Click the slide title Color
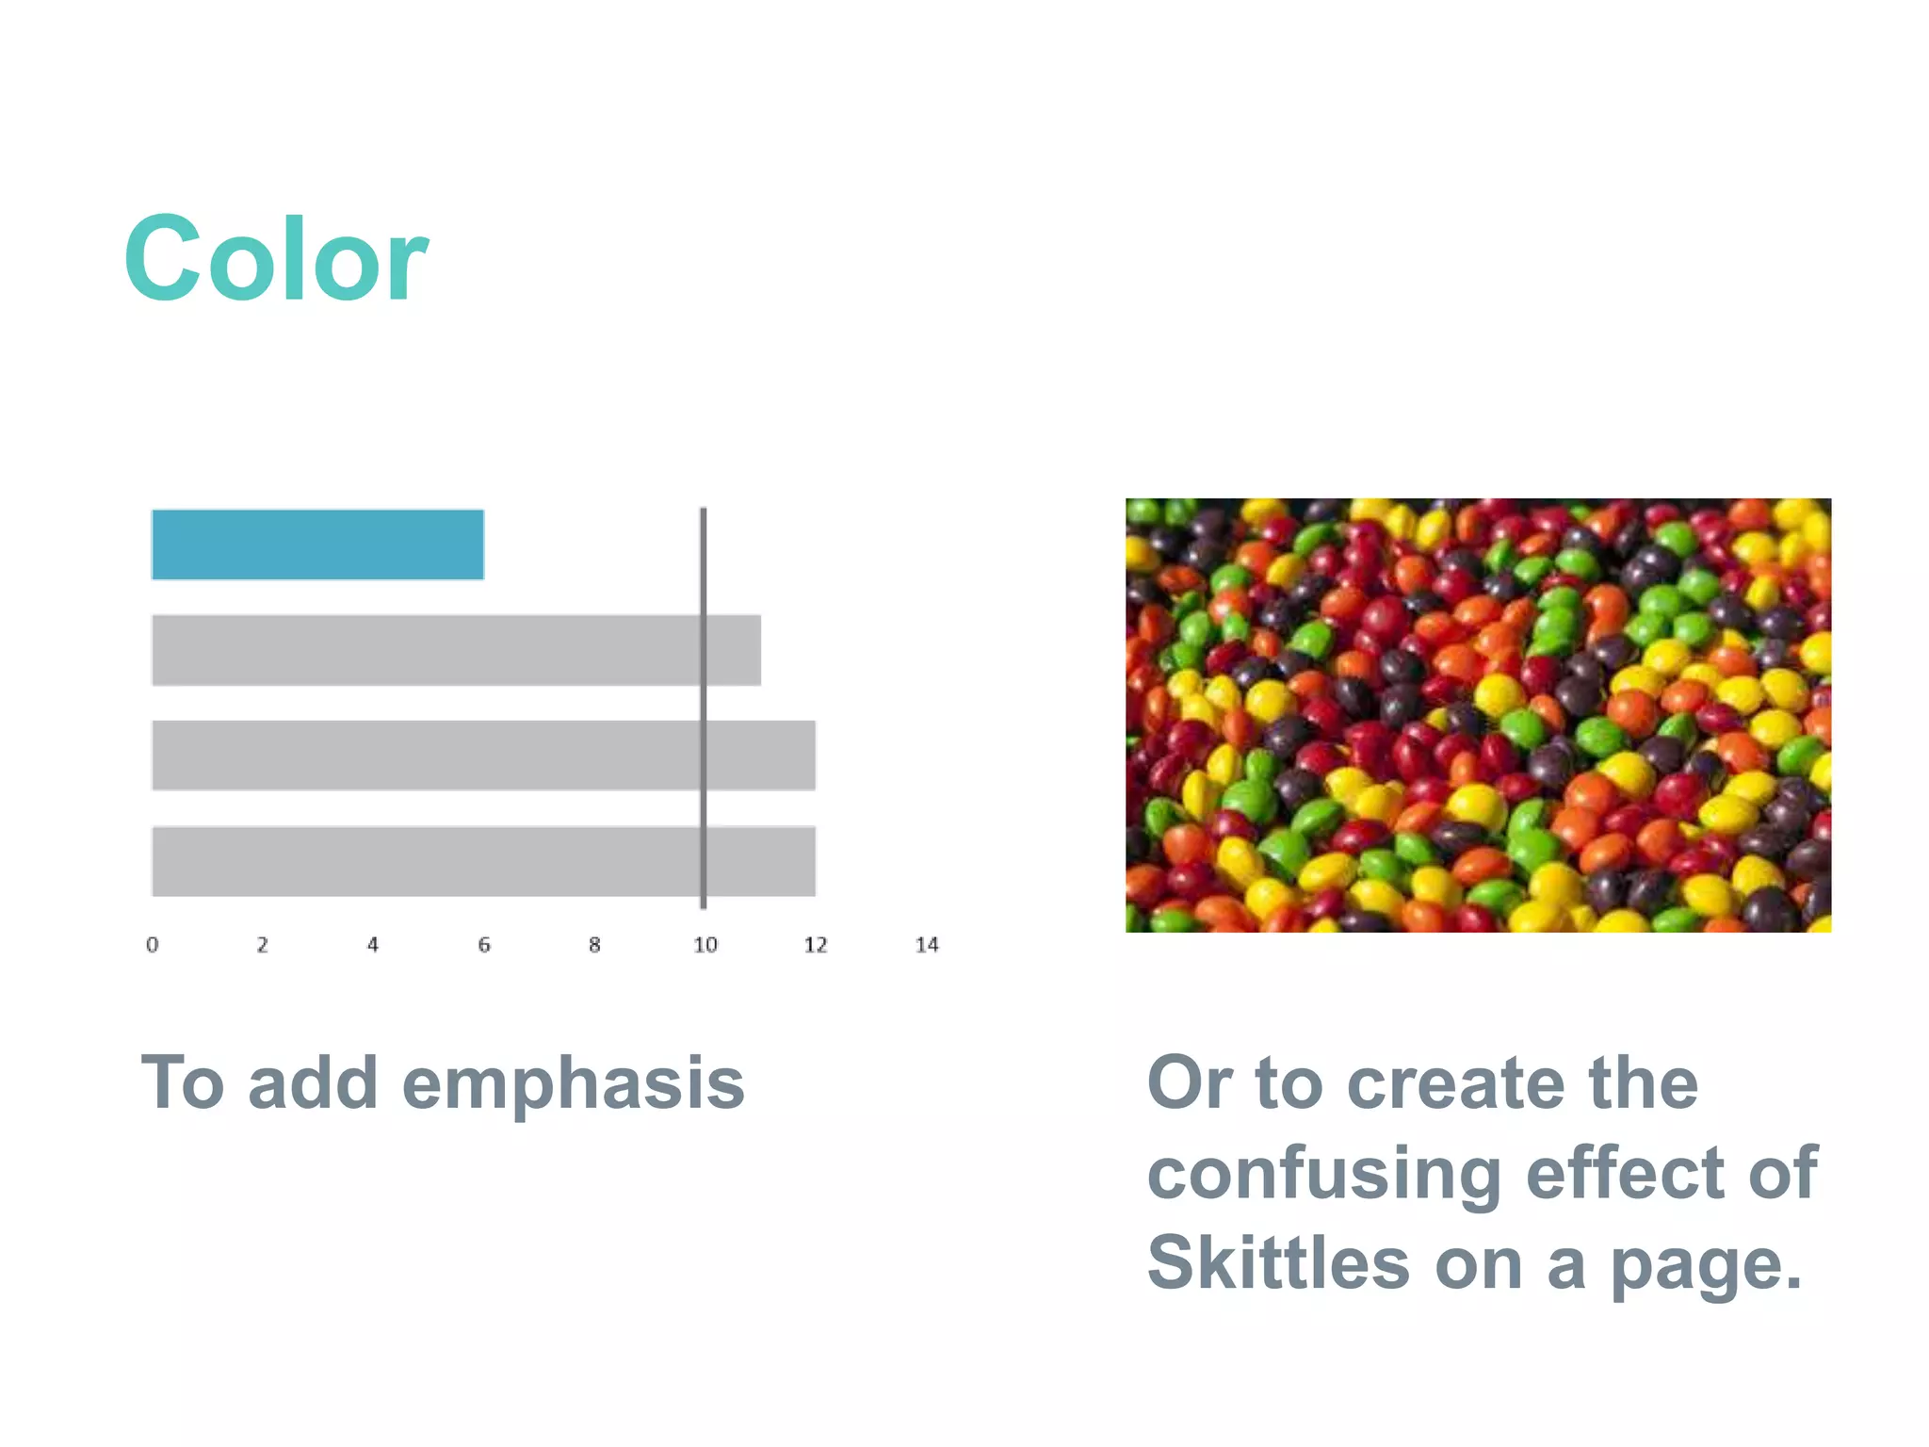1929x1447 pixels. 275,258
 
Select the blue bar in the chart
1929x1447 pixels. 317,545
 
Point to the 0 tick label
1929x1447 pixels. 152,945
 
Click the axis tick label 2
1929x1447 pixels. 263,945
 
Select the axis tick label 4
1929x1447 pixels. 373,945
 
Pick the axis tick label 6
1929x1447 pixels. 484,945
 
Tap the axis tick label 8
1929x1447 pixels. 594,945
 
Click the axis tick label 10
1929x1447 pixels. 705,945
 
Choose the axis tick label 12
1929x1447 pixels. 816,945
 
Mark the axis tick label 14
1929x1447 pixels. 927,945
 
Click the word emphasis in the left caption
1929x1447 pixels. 573,1084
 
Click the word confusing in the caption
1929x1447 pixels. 1323,1176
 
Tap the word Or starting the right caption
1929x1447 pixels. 1189,1083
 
